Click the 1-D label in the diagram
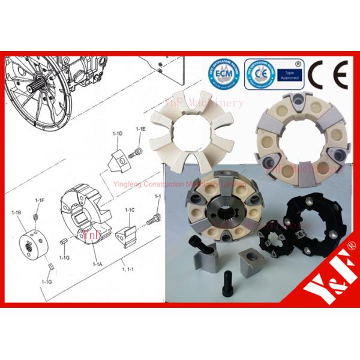pos(118,133)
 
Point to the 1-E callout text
pos(141,129)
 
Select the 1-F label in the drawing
pos(40,200)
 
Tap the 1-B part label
pos(18,213)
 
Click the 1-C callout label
pos(129,211)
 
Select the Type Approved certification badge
pos(274,74)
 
